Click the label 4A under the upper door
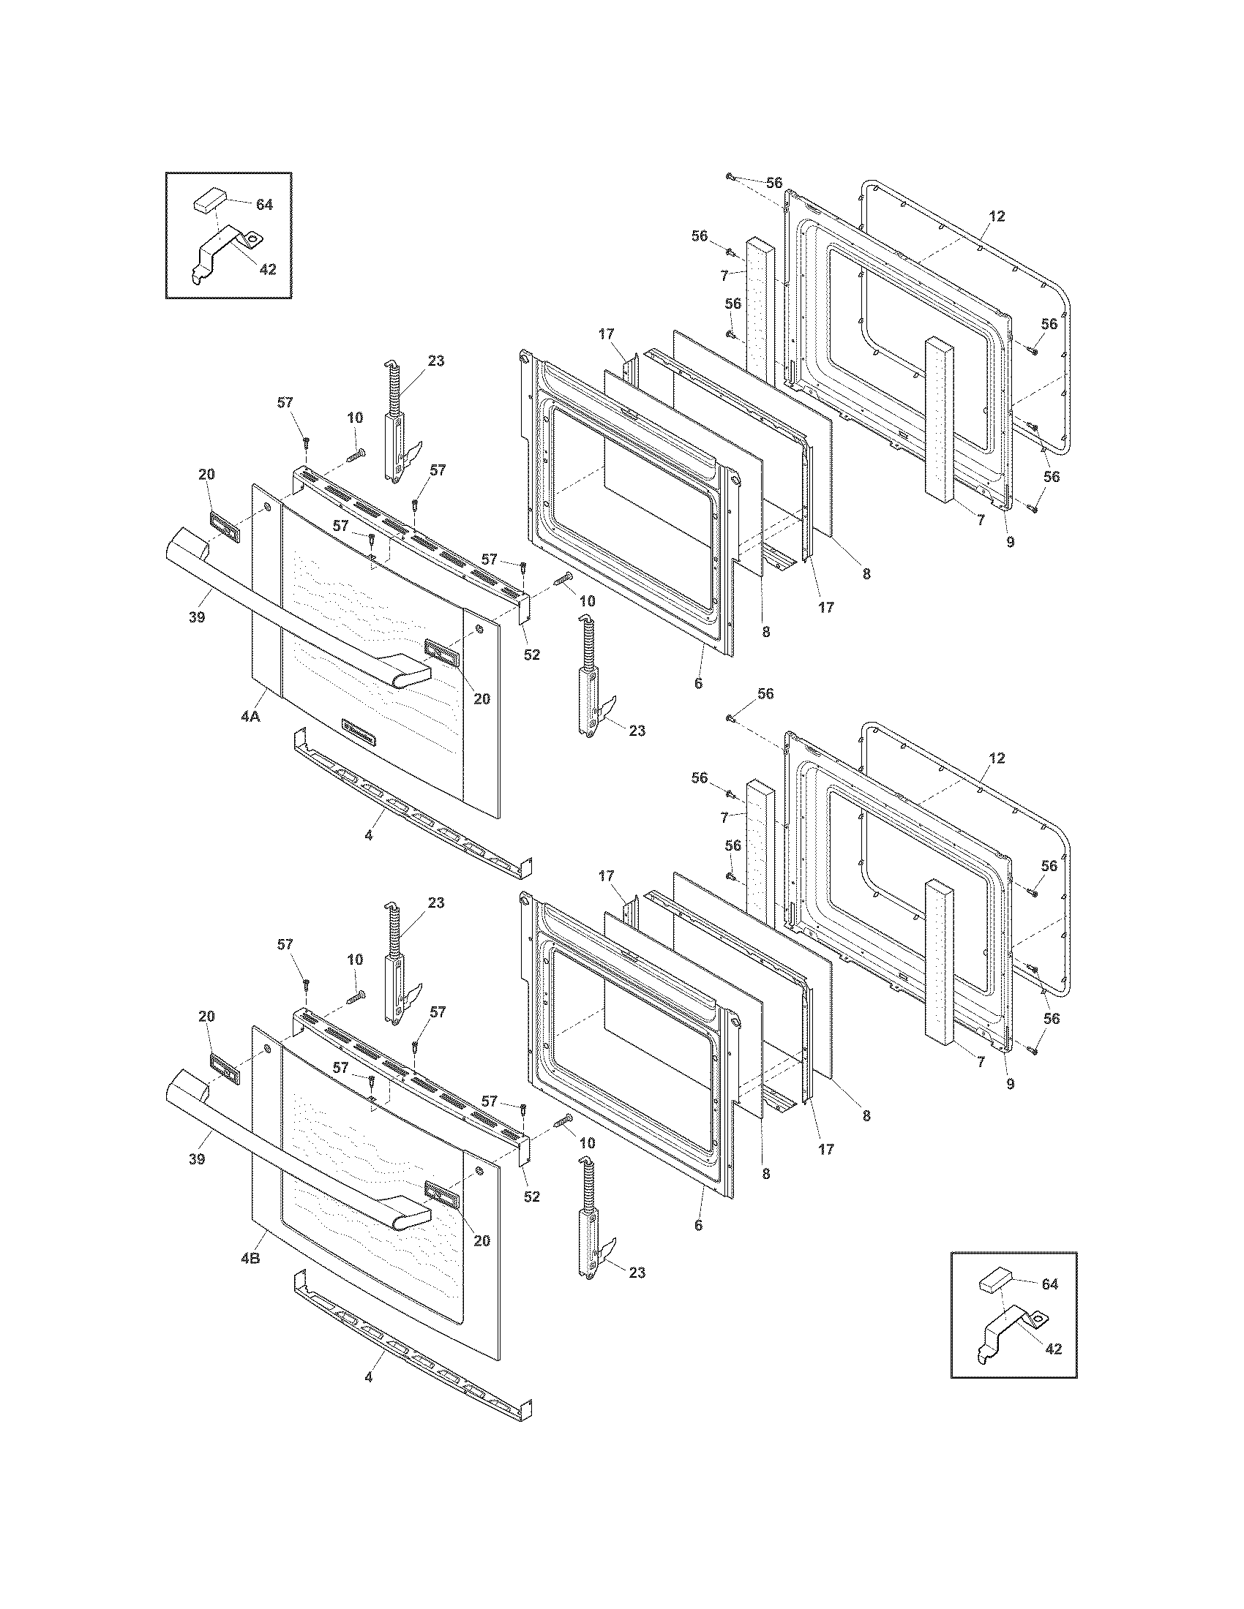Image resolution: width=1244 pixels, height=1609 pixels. [250, 715]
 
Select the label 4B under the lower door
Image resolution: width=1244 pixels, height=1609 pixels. [250, 1259]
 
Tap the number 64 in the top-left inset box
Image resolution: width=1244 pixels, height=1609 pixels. [264, 204]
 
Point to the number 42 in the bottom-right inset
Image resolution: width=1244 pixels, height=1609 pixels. [1054, 1348]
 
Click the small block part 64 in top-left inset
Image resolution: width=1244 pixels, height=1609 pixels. [209, 200]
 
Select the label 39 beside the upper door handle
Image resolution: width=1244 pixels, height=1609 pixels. [196, 617]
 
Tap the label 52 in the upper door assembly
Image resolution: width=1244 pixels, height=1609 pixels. [531, 655]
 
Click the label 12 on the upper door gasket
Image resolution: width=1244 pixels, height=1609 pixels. [997, 216]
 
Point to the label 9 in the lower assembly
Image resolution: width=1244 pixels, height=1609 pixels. [1010, 1084]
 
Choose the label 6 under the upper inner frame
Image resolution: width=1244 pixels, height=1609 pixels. [698, 683]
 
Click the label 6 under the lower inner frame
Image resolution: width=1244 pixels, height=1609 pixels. [698, 1225]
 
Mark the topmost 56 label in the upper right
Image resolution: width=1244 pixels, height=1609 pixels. [773, 183]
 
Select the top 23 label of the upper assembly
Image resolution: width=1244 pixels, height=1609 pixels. [436, 361]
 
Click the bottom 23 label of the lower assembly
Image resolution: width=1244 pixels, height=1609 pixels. [637, 1273]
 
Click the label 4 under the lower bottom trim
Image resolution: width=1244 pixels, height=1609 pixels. [369, 1377]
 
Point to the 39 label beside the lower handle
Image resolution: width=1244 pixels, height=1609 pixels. [196, 1159]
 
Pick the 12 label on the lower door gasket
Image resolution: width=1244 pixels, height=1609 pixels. [997, 758]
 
